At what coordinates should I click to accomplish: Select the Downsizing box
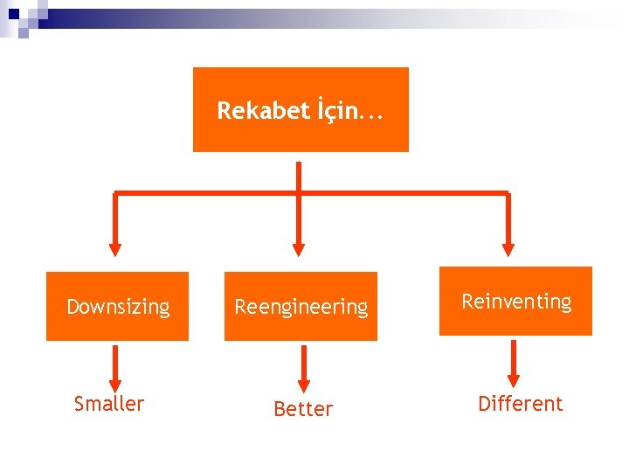point(117,306)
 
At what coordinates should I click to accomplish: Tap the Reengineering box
point(301,306)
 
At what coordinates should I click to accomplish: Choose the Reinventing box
point(515,302)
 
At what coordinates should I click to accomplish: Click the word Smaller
point(109,404)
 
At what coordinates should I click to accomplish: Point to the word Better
point(303,409)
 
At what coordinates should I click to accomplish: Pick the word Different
point(520,404)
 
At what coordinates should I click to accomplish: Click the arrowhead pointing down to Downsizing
point(116,248)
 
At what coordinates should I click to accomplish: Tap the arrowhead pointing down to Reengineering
point(299,248)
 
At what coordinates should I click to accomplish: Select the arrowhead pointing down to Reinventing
point(508,248)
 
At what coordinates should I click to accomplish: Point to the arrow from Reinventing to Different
point(514,364)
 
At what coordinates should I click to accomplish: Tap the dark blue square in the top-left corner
point(13,14)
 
